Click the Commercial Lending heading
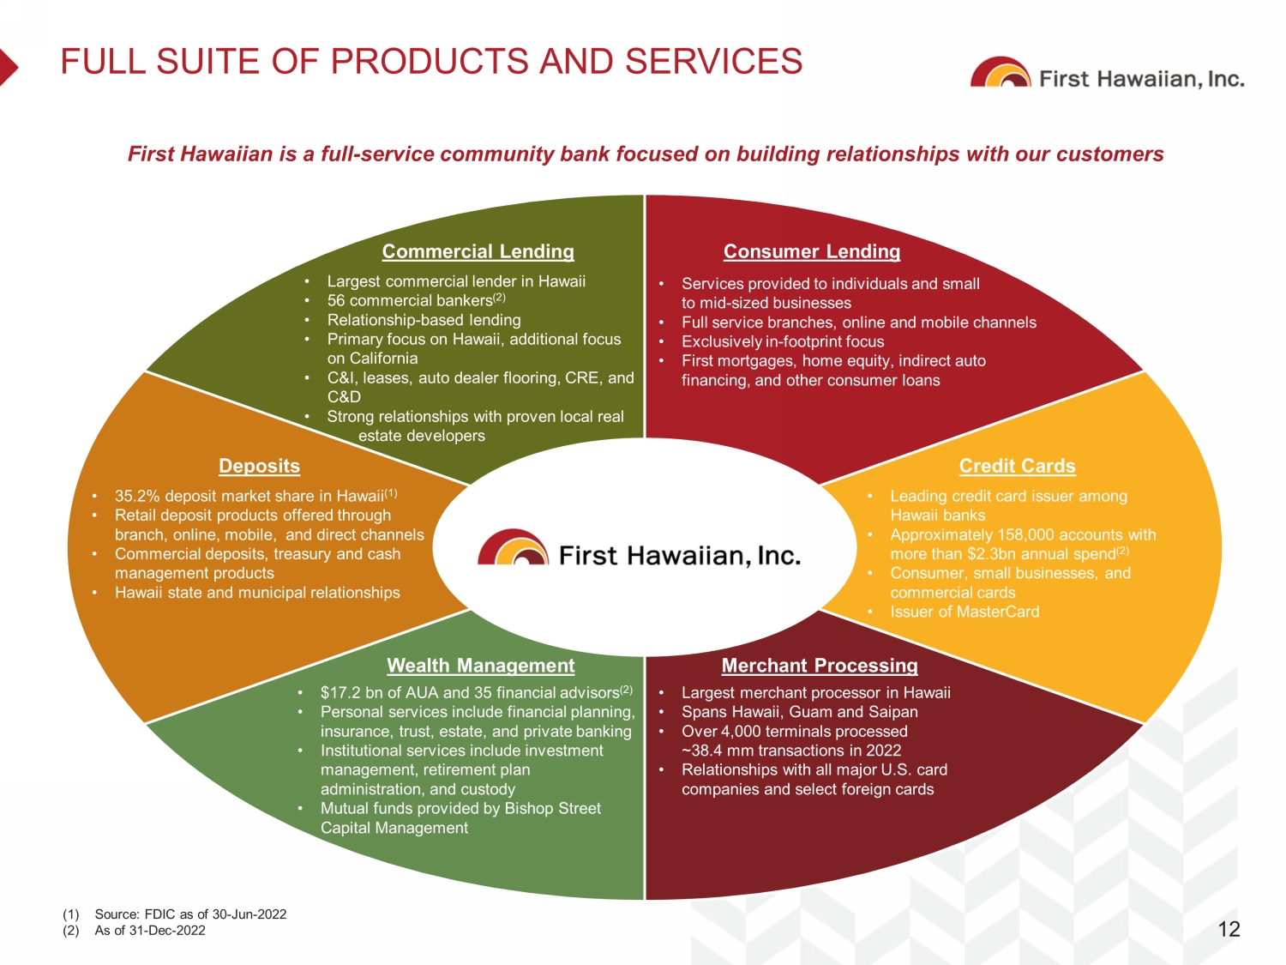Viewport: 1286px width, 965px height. tap(478, 251)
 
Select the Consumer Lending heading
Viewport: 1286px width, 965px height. tap(811, 251)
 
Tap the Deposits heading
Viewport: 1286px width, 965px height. tap(259, 466)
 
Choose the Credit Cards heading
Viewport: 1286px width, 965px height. tap(1017, 466)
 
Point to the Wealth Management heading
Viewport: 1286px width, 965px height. tap(480, 666)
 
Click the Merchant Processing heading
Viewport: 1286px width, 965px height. tap(820, 666)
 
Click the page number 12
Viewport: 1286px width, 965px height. tap(1229, 929)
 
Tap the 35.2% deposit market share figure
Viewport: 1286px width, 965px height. tap(137, 497)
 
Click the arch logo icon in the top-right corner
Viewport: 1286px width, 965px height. tap(1001, 72)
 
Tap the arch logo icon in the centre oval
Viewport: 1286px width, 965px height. tap(514, 547)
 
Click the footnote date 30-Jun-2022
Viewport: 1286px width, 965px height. tap(249, 914)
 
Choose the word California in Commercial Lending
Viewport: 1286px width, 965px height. tap(381, 359)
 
